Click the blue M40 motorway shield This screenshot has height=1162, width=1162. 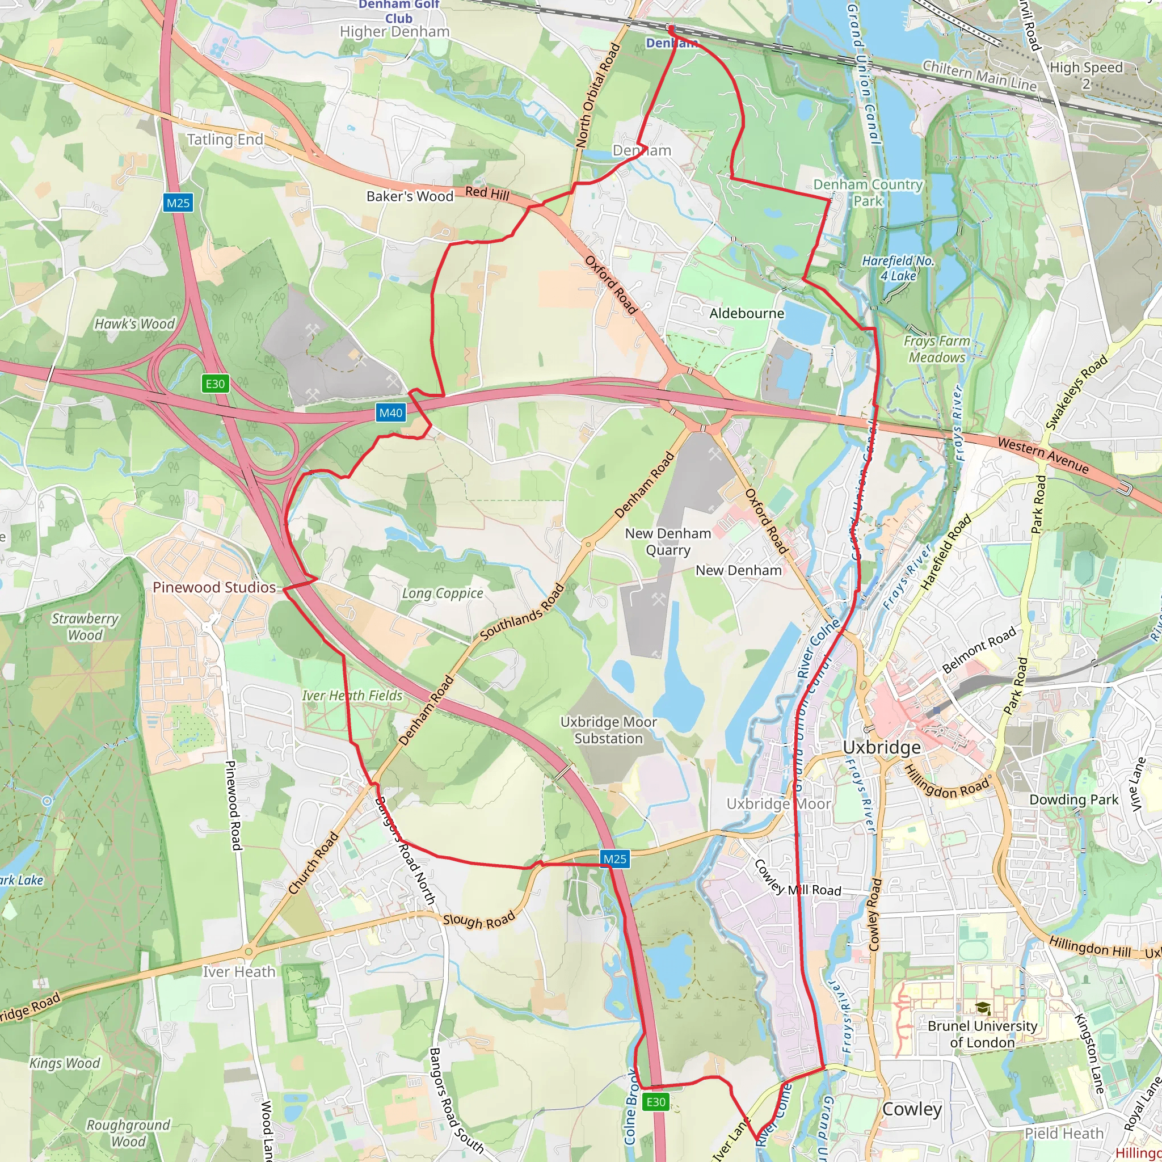(x=390, y=412)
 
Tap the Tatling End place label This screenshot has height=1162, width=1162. (x=225, y=140)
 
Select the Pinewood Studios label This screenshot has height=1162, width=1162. (x=214, y=587)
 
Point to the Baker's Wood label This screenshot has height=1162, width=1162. (x=410, y=196)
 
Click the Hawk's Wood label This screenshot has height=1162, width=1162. (x=134, y=323)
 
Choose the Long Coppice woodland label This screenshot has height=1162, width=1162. (x=442, y=593)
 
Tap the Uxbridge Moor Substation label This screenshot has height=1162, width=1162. (x=608, y=730)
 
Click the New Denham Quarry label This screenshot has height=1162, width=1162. (x=668, y=541)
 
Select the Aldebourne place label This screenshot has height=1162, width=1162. (x=747, y=313)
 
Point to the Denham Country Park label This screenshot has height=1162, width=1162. (x=868, y=192)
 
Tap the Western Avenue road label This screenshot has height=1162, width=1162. (x=1043, y=454)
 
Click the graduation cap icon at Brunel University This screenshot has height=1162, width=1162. (x=983, y=1008)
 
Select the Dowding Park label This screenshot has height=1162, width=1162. (x=1073, y=799)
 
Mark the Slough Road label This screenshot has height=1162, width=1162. (x=479, y=920)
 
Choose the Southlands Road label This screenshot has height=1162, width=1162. (x=522, y=611)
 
